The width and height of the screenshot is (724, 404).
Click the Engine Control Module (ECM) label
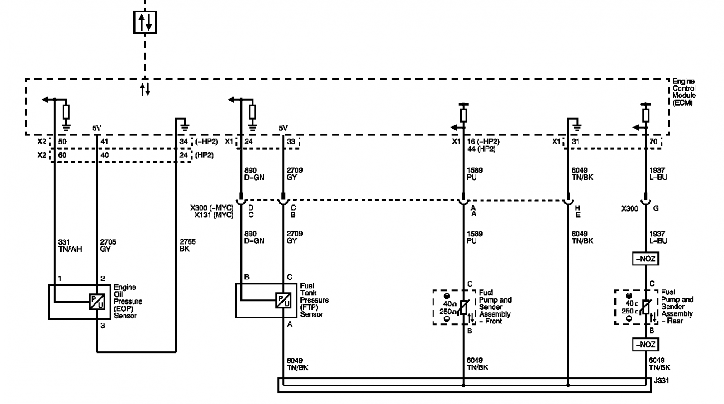pyautogui.click(x=684, y=92)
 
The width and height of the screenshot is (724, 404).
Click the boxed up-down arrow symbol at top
pyautogui.click(x=145, y=22)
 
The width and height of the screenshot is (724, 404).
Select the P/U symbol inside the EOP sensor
pyautogui.click(x=97, y=302)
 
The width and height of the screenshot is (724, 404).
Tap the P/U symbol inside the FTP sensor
pyautogui.click(x=283, y=300)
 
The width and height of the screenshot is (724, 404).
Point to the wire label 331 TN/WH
pyautogui.click(x=70, y=245)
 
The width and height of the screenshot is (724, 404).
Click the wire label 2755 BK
pyautogui.click(x=188, y=245)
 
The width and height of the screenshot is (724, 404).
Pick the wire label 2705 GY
pyautogui.click(x=108, y=245)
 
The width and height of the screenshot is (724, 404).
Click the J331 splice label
pyautogui.click(x=661, y=381)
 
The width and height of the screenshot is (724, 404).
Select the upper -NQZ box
pyautogui.click(x=645, y=259)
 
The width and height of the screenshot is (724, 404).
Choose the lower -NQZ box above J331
pyautogui.click(x=645, y=345)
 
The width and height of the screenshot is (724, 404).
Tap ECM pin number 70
pyautogui.click(x=653, y=142)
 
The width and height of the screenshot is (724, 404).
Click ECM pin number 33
pyautogui.click(x=291, y=142)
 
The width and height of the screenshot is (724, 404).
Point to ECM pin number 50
pyautogui.click(x=62, y=142)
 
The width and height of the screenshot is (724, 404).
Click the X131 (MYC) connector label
pyautogui.click(x=214, y=215)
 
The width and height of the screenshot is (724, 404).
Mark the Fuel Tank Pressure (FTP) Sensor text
pyautogui.click(x=314, y=300)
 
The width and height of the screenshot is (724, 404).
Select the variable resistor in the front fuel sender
pyautogui.click(x=464, y=307)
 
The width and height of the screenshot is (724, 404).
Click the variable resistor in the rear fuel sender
pyautogui.click(x=646, y=307)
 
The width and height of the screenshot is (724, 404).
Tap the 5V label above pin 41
pyautogui.click(x=97, y=129)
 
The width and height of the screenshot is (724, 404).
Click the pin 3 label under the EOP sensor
pyautogui.click(x=103, y=326)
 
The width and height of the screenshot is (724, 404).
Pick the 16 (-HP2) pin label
pyautogui.click(x=483, y=142)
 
